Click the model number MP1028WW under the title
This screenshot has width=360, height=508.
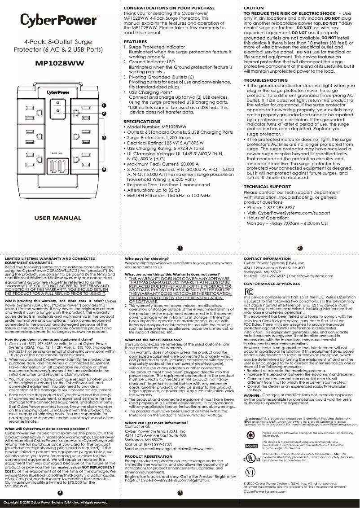coord(60,63)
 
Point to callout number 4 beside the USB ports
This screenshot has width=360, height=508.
coord(104,169)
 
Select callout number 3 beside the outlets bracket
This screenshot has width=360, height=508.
coord(104,137)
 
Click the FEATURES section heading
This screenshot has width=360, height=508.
coord(135,41)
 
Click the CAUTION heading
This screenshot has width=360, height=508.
coord(254,8)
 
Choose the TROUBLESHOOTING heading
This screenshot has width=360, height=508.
coord(266,80)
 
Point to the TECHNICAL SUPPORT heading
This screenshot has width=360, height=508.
coord(267,187)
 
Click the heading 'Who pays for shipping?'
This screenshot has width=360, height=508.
coord(147,259)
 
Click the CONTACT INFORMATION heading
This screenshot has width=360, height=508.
coord(267,259)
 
